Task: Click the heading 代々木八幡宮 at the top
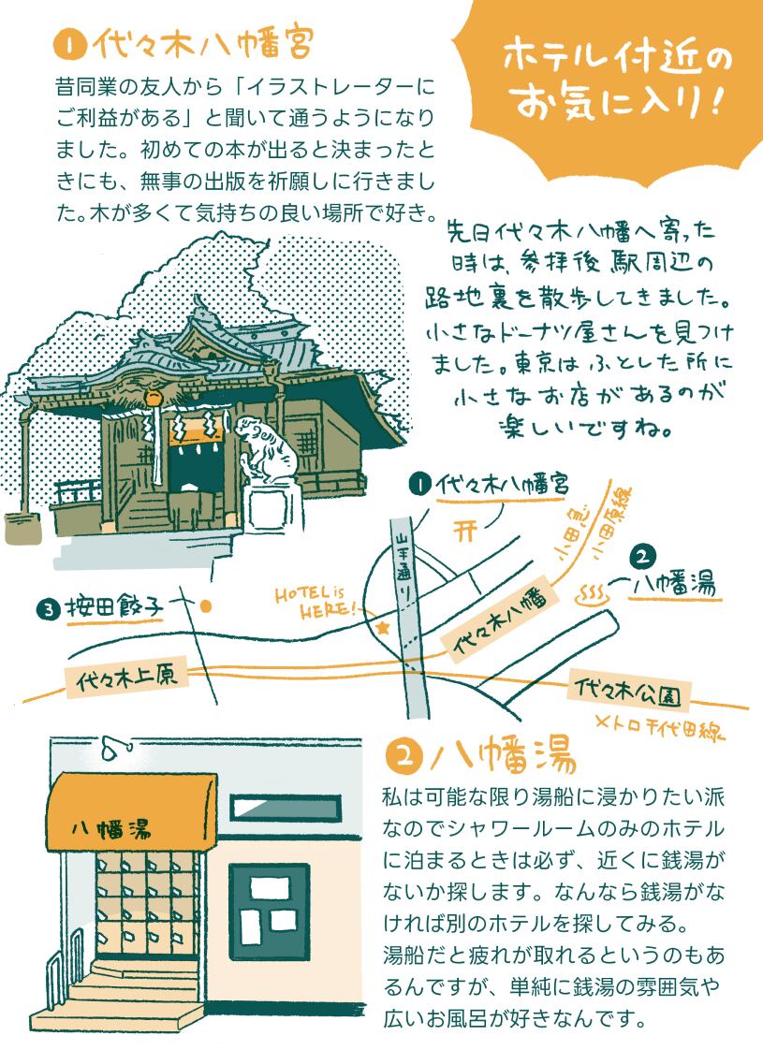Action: (x=202, y=43)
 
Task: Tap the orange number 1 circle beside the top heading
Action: (x=68, y=44)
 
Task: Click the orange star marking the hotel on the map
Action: (x=382, y=629)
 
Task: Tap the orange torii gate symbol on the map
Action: (x=465, y=531)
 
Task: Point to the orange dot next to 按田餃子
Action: (x=205, y=605)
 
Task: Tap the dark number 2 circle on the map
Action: (x=642, y=556)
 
